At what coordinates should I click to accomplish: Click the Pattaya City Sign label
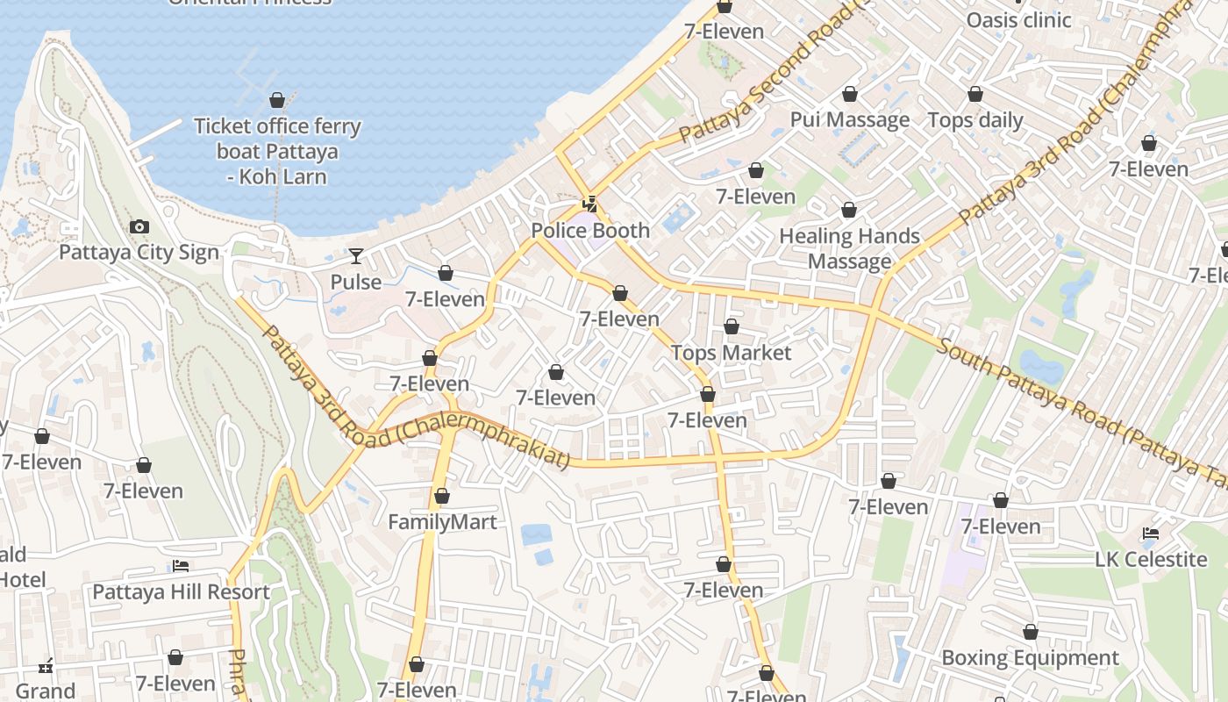click(x=139, y=253)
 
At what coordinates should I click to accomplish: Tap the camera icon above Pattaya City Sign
click(x=139, y=227)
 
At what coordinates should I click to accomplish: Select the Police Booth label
click(x=590, y=231)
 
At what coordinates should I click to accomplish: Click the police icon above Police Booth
click(x=590, y=205)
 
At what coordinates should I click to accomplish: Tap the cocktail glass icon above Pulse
click(x=355, y=256)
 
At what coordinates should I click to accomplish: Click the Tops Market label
click(x=731, y=353)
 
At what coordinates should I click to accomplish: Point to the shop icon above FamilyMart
click(x=442, y=497)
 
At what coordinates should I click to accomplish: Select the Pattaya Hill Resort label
click(x=181, y=592)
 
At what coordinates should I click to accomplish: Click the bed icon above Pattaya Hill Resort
click(x=181, y=566)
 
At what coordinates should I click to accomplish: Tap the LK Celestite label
click(x=1151, y=560)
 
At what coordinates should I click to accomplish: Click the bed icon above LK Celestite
click(x=1151, y=534)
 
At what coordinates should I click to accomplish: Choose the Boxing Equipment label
click(x=1030, y=658)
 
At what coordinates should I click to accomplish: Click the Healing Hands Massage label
click(x=849, y=248)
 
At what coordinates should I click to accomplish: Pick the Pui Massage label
click(x=849, y=120)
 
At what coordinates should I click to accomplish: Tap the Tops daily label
click(x=975, y=120)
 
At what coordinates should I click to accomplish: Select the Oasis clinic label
click(x=1018, y=20)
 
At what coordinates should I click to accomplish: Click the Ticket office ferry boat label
click(x=277, y=151)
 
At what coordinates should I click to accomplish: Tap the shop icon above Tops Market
click(x=732, y=327)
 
